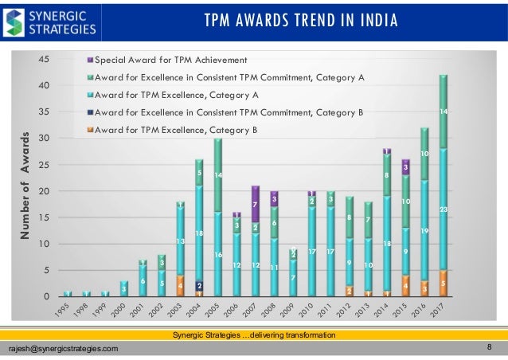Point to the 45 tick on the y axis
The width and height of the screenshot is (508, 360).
(46, 59)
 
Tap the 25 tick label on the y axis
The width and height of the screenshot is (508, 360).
(46, 165)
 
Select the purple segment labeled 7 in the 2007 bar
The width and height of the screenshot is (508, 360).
(255, 204)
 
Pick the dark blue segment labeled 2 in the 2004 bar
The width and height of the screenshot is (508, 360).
(199, 285)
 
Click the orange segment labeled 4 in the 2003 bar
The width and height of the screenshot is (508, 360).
(181, 285)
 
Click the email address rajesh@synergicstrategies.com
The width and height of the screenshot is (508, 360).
(63, 349)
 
